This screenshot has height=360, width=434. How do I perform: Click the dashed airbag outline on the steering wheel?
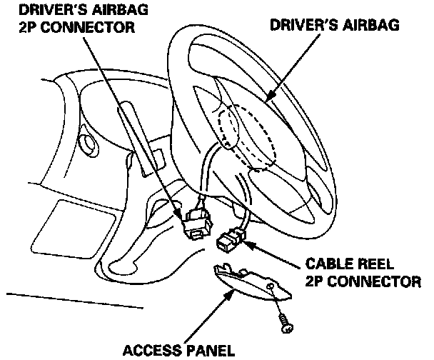point(246,136)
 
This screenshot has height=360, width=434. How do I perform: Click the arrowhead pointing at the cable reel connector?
point(250,245)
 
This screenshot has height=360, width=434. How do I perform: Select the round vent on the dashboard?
point(89,145)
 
